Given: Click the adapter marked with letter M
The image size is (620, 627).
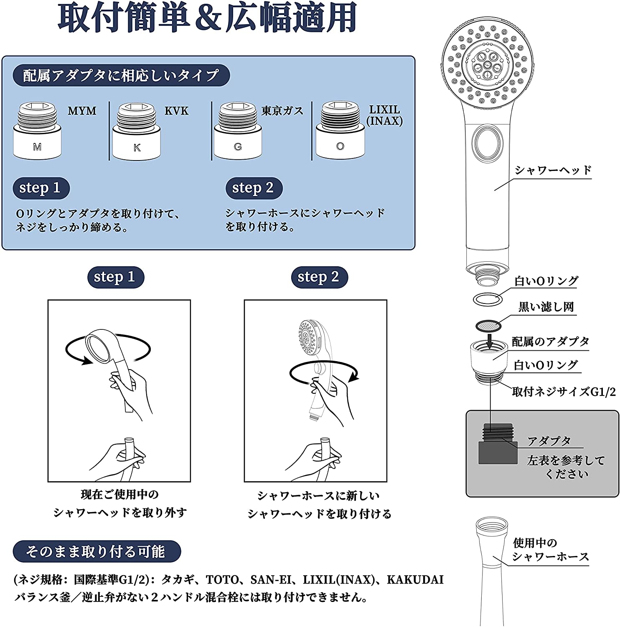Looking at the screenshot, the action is point(37,130).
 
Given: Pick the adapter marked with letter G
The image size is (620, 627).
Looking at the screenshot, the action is point(238,131).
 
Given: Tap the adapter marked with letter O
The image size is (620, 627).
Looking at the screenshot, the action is point(340,130).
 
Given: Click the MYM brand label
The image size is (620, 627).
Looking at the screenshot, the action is point(82,111).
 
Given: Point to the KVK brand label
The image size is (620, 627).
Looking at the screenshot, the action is point(176,111).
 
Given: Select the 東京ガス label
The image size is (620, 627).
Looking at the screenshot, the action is point(282,111).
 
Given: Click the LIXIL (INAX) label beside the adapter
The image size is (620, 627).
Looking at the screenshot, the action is point(384,115).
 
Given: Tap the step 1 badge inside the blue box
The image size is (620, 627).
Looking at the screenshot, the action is point(40,188).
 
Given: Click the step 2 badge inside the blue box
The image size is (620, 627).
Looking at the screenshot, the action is point(254,188).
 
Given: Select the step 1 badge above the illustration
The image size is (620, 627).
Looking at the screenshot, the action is point(115,277).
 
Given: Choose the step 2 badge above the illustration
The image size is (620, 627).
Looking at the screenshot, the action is point(319,277).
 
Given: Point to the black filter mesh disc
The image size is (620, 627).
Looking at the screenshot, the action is point(488,325).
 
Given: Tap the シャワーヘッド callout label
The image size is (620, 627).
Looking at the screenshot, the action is point(553,170).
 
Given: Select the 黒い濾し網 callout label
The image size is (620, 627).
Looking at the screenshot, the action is point(546,307).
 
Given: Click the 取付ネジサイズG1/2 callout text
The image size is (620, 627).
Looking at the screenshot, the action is point(564,392).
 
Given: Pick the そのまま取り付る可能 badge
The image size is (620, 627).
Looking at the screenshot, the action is point(97,551).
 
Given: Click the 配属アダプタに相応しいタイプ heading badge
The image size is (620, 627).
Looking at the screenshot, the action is point(121,76).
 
